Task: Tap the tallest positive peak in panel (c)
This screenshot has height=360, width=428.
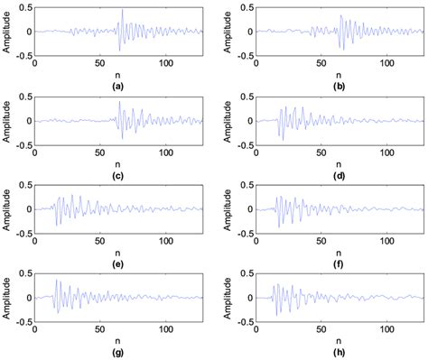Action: (119, 102)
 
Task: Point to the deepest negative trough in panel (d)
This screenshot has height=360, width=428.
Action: (280, 140)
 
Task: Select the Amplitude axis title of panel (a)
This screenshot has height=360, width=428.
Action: (6, 31)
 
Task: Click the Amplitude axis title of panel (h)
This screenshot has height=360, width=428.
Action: (226, 297)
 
